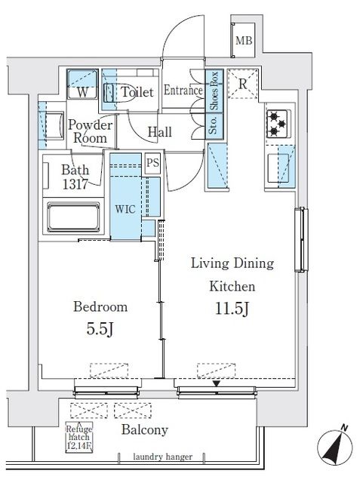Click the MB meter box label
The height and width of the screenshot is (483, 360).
244,40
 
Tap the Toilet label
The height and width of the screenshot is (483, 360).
137,92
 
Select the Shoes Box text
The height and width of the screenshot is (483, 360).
214,91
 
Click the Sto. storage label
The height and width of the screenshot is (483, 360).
214,125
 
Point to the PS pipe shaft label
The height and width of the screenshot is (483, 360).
152,162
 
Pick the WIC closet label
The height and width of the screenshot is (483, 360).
125,210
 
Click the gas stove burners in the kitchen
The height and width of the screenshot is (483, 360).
277,124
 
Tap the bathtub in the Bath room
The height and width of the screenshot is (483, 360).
73,217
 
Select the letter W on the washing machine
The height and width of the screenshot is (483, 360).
82,93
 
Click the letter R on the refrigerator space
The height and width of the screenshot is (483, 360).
243,84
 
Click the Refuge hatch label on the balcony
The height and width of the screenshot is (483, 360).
79,437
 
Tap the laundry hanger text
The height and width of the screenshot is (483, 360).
162,457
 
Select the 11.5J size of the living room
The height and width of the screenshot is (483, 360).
232,309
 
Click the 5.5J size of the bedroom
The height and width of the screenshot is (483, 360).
100,329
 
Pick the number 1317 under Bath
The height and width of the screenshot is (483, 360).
75,184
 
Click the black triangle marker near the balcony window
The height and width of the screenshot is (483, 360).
217,383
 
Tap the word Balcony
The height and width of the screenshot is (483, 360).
145,429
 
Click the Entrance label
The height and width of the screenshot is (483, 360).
183,91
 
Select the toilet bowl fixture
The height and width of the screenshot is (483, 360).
109,92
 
